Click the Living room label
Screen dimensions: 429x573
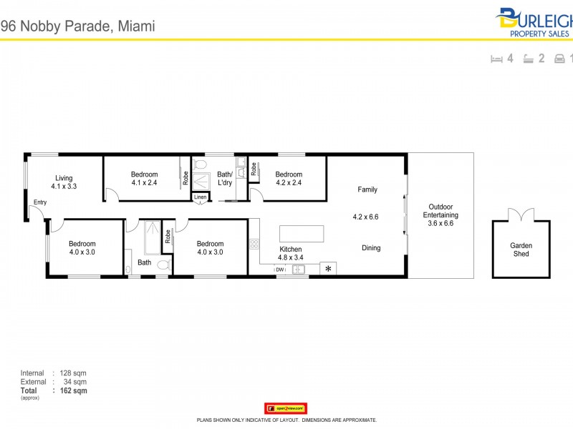(64, 178)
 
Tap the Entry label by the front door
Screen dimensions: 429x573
(39, 202)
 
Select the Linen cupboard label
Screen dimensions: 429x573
(200, 197)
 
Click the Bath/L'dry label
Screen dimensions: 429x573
(225, 178)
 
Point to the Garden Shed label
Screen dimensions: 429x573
(521, 250)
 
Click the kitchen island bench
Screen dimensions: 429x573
(301, 234)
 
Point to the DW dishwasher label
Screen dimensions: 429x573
(280, 270)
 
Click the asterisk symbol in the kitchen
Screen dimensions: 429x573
(328, 269)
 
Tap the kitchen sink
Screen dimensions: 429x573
(299, 270)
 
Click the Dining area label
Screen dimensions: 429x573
(371, 248)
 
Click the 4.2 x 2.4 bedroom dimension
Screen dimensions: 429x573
(289, 182)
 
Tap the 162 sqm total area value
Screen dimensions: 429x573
(74, 391)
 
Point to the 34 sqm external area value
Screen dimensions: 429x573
(75, 382)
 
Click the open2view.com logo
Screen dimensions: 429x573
(286, 408)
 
